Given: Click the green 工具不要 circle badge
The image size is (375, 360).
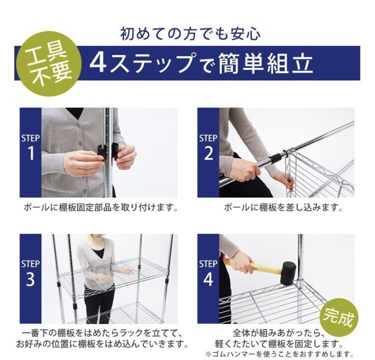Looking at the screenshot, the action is (49, 64).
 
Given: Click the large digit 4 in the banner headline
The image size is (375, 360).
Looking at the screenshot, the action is (98, 63).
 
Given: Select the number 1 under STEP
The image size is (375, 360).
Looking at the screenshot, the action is (31, 153).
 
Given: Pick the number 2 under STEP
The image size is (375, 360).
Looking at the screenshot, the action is (208, 153).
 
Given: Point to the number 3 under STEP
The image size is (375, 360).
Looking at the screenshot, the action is (30, 279).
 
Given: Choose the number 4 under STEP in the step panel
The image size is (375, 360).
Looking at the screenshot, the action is (208, 279).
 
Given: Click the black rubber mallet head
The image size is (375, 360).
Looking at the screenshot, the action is (287, 273).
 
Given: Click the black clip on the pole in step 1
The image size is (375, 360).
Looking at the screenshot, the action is (107, 151).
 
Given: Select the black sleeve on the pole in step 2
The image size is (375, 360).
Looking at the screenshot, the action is (275, 157).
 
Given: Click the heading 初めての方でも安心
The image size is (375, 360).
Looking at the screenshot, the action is (190, 34).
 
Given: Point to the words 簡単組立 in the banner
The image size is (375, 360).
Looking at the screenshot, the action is (265, 63).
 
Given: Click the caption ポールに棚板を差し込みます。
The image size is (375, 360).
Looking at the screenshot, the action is (283, 207).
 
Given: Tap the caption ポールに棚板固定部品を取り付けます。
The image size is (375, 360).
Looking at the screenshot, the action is (101, 207).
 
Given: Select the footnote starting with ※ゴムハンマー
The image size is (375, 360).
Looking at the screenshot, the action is (279, 353).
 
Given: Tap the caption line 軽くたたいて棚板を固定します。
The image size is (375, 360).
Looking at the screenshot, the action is (279, 344).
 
